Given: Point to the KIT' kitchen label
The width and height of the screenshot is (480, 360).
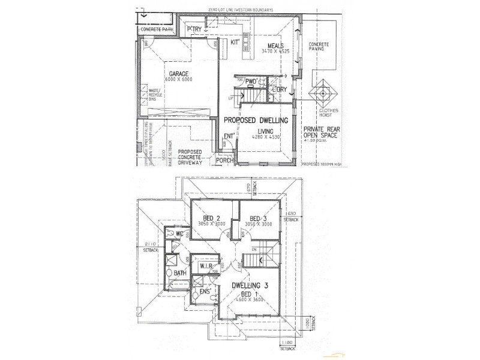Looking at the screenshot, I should (x=235, y=43).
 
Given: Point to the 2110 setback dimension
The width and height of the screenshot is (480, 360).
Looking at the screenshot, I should (x=151, y=244).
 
